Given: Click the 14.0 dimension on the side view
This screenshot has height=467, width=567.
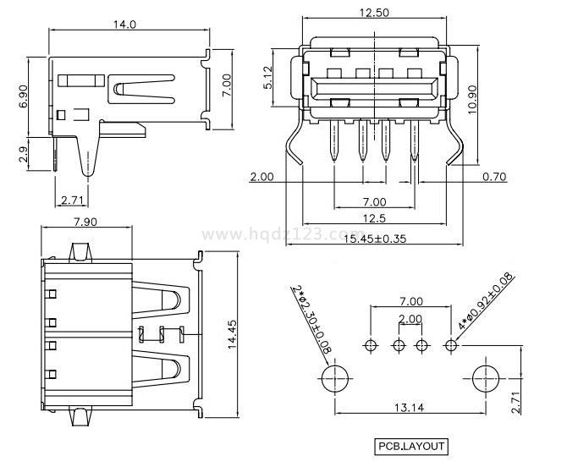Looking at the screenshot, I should coord(124,25).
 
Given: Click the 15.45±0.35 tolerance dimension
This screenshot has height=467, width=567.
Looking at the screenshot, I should coord(374,239).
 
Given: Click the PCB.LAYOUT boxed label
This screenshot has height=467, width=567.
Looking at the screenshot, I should coord(411,446).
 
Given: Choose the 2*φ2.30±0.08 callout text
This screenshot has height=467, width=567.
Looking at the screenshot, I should coord(309,318).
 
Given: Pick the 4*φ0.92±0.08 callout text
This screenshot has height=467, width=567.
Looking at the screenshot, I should coord(486,302).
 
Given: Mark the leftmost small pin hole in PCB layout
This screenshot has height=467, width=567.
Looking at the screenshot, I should coord(370,344).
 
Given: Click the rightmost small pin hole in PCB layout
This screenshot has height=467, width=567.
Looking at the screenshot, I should coord(451,344).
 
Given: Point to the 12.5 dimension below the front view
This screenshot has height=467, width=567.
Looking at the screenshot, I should coord(374,220).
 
